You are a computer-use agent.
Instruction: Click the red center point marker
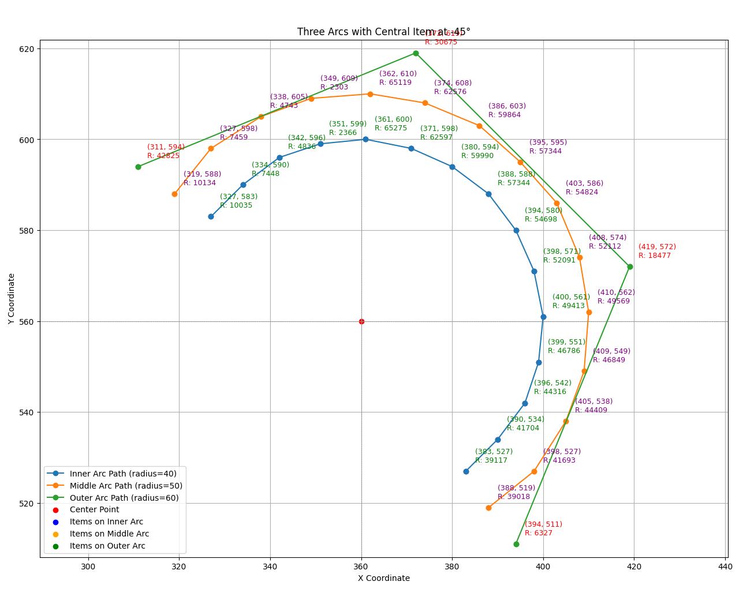(361, 321)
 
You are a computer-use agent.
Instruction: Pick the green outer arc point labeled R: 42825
(138, 167)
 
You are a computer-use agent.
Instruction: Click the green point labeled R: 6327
(516, 544)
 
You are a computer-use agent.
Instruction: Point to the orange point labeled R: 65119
(370, 94)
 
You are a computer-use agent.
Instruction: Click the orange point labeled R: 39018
(488, 508)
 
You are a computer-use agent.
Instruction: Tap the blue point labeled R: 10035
(211, 216)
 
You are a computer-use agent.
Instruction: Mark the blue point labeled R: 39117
(466, 471)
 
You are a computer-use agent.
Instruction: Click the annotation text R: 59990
(477, 156)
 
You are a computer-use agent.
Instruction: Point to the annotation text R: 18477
(654, 256)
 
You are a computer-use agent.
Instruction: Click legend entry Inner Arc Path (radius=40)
(123, 474)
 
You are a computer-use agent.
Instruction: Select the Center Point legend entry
(94, 509)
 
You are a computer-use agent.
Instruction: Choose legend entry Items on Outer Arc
(107, 546)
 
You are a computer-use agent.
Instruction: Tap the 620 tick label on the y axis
(27, 49)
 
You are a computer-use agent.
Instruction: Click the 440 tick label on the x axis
(725, 567)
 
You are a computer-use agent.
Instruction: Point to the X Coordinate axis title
(383, 578)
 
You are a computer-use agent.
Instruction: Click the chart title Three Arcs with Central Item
(383, 32)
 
